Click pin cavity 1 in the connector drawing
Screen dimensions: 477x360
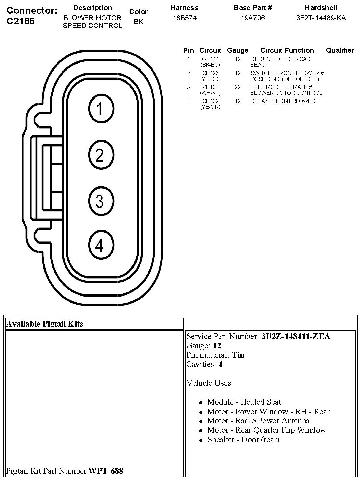[100, 109]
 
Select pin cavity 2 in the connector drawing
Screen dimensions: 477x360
[100, 155]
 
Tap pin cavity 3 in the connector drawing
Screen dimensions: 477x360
[100, 201]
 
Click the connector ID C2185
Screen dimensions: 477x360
[21, 21]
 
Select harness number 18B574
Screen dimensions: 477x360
[184, 18]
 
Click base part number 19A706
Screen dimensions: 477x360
[252, 18]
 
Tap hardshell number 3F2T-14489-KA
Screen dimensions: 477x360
[321, 18]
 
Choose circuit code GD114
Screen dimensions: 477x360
[210, 59]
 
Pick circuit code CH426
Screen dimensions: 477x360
[210, 73]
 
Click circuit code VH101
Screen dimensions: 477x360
[210, 87]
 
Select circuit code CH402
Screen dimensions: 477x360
[210, 101]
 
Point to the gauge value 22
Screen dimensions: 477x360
[238, 87]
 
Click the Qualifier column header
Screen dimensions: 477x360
[340, 50]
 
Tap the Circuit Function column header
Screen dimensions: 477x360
[287, 50]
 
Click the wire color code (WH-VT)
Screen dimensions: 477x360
[210, 93]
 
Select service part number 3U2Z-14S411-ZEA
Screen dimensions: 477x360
[295, 336]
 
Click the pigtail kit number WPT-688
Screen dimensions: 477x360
[106, 471]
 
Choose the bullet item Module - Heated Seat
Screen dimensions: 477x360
[244, 402]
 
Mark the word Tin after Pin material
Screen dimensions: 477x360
[238, 355]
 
